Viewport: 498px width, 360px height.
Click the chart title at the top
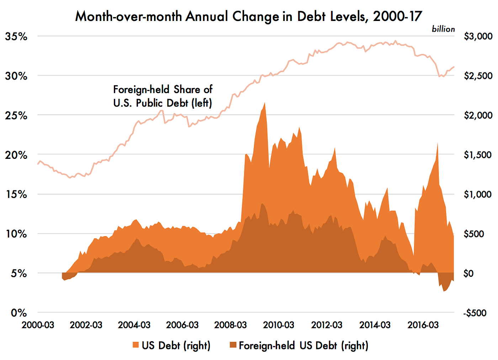pos(249,16)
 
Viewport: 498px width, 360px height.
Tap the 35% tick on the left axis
pos(16,36)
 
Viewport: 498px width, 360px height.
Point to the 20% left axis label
pos(16,155)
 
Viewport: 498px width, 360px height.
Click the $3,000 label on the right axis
pos(478,36)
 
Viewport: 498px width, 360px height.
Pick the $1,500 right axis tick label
pos(478,155)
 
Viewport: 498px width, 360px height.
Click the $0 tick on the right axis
pos(468,274)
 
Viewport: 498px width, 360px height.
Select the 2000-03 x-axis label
pos(38,325)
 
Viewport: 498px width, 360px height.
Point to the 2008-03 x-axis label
pos(231,325)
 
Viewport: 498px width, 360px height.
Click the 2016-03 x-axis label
pos(423,325)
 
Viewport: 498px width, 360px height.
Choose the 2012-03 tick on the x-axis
pos(327,325)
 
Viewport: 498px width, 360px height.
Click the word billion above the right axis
pos(443,29)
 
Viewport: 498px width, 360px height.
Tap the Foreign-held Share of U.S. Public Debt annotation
pos(163,96)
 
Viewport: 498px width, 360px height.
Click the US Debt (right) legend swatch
pos(136,345)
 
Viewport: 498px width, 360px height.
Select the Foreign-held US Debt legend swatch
pos(233,345)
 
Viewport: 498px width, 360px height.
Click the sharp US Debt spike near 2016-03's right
pos(437,143)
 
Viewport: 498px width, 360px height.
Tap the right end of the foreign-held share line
pos(454,67)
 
